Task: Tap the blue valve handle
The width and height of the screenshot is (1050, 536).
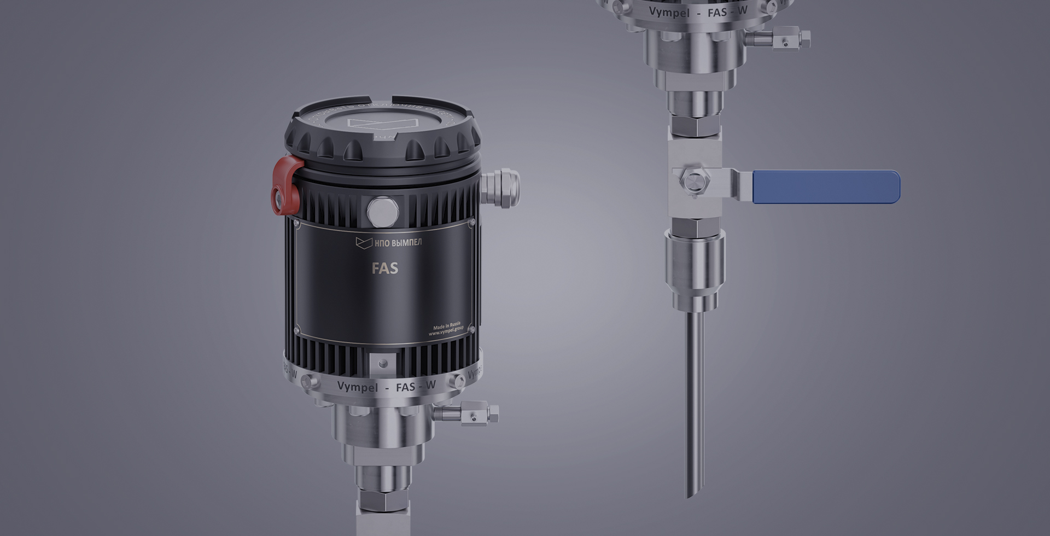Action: pos(826,187)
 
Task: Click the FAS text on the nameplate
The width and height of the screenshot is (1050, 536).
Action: pos(385,268)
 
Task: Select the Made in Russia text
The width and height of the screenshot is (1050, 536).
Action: pos(447,325)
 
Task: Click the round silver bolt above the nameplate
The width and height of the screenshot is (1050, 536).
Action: pos(383,211)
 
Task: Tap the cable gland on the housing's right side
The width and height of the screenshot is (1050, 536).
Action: pos(500,187)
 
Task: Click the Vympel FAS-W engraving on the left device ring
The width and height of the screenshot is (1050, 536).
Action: pos(386,386)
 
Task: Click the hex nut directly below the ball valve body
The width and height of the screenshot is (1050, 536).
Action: pos(695,225)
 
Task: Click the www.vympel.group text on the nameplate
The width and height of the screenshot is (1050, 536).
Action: pos(446,331)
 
